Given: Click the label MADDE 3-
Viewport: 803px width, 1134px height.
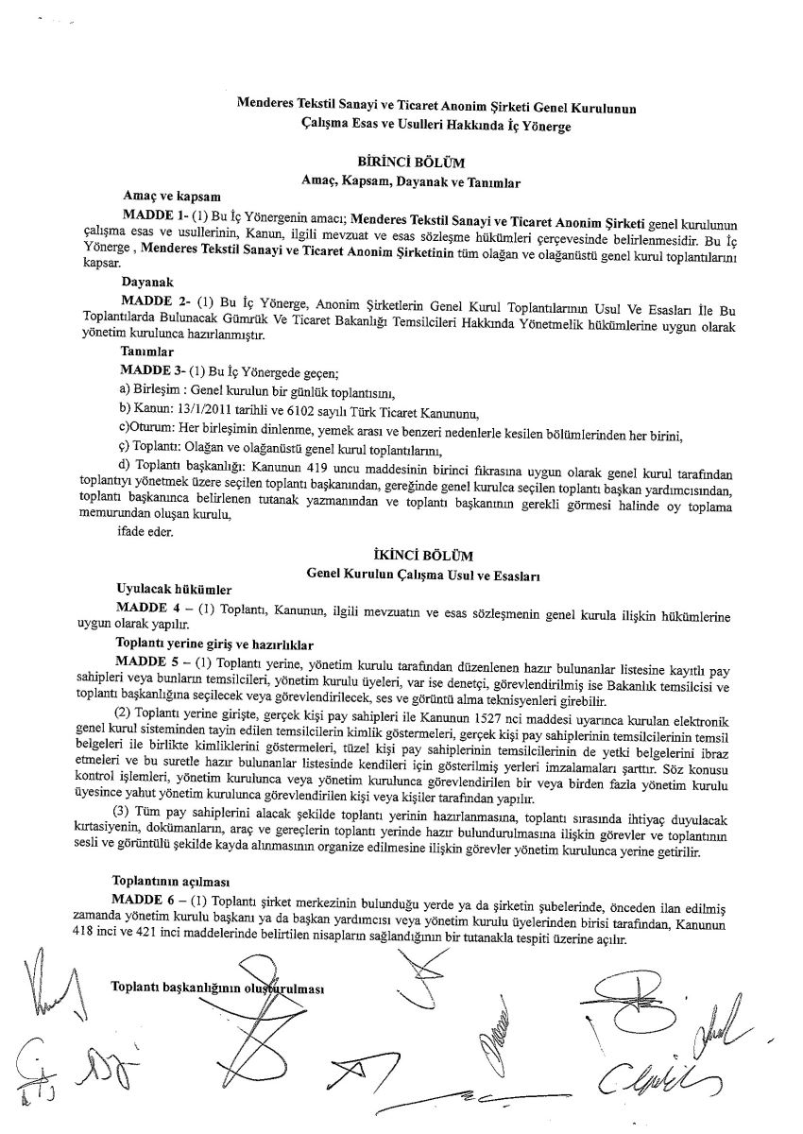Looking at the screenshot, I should tap(150, 369).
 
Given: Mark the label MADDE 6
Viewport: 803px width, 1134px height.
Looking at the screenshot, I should tap(145, 898).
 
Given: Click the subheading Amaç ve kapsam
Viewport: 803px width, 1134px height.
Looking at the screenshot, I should tap(167, 197).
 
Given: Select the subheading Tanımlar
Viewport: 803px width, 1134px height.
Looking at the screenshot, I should tap(146, 352).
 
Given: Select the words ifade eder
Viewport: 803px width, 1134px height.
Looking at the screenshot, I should tap(140, 531).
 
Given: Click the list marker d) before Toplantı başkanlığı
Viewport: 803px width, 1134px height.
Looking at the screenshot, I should tap(124, 467).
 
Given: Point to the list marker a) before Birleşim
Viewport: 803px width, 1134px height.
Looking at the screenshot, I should tap(124, 391).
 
